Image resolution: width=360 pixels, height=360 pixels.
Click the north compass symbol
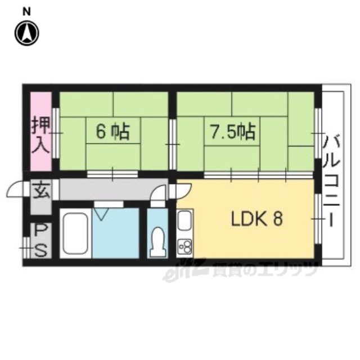pyautogui.click(x=27, y=34)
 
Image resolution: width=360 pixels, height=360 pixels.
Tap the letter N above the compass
pyautogui.click(x=26, y=12)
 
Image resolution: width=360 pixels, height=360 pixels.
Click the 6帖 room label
pyautogui.click(x=112, y=132)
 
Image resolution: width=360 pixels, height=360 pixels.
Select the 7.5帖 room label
pyautogui.click(x=233, y=132)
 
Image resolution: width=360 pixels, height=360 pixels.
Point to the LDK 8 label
pyautogui.click(x=256, y=219)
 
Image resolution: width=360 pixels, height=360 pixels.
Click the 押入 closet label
pyautogui.click(x=40, y=134)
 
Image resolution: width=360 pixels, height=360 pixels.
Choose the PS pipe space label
pyautogui.click(x=41, y=240)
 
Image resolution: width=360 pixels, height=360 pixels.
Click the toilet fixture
pyautogui.click(x=157, y=242)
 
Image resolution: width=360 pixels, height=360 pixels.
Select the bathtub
pyautogui.click(x=75, y=233)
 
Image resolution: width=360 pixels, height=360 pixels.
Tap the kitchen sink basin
pyautogui.click(x=184, y=220)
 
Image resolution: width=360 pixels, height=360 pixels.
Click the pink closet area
pyautogui.click(x=41, y=131)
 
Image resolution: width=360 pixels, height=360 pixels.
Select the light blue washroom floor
pyautogui.click(x=116, y=233)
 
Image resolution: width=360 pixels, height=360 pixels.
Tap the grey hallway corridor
pyautogui.click(x=114, y=190)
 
